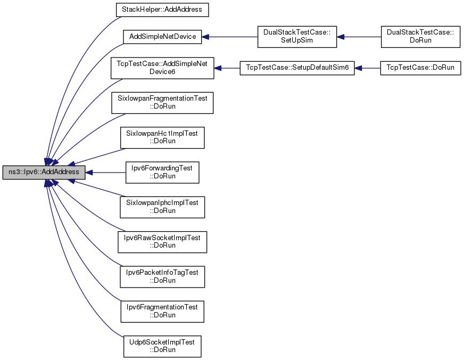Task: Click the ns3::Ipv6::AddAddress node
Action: coord(44,173)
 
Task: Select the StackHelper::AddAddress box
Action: coord(162,10)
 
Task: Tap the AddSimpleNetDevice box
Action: coord(162,37)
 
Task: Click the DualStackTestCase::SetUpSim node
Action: coord(297,37)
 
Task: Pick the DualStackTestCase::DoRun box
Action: coord(420,37)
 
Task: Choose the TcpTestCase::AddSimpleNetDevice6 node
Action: coord(162,68)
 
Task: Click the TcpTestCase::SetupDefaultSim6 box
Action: coord(297,68)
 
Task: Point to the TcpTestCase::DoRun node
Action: coord(420,68)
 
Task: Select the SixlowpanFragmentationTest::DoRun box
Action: coord(162,103)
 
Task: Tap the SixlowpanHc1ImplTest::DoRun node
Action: coord(162,138)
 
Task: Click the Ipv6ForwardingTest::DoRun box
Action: coord(162,173)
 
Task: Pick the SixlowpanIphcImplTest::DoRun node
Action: coord(162,207)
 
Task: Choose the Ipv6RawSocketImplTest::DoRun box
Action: coord(162,242)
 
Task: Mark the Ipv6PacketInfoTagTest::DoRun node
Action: coord(162,277)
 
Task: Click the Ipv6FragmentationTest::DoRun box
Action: coord(162,312)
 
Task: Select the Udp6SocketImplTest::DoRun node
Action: coord(162,346)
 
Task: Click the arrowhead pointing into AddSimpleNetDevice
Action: coord(205,37)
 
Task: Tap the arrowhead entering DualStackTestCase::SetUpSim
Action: coord(341,37)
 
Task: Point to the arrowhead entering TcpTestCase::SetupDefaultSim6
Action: coord(358,68)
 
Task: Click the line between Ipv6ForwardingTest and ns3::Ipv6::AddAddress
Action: coord(106,173)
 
